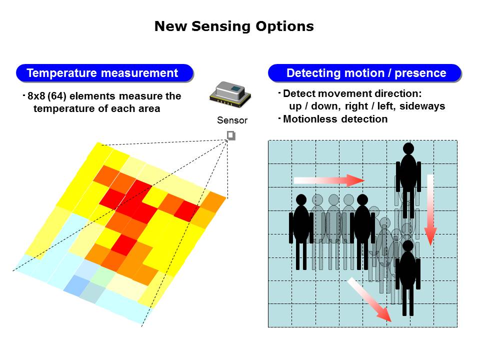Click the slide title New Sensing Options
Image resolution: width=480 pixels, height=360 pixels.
tap(234, 26)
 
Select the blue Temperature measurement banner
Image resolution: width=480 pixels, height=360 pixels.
tap(104, 73)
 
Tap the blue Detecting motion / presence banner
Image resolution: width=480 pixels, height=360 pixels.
tap(364, 73)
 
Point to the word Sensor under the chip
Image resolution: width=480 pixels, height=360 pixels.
tap(232, 120)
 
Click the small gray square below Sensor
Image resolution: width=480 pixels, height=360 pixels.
tap(231, 135)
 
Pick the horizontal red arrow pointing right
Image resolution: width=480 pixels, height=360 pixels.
tap(329, 180)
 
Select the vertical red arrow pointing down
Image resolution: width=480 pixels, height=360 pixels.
tap(430, 210)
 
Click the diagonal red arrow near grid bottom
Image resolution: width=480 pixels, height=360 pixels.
tap(369, 299)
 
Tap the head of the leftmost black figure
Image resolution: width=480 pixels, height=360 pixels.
tap(301, 199)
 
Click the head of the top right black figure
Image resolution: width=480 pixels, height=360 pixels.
tap(408, 148)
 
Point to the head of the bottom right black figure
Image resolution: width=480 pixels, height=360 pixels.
tap(408, 246)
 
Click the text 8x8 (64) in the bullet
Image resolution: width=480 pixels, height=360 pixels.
tap(47, 96)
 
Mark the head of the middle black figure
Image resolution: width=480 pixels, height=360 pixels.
tap(362, 199)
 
